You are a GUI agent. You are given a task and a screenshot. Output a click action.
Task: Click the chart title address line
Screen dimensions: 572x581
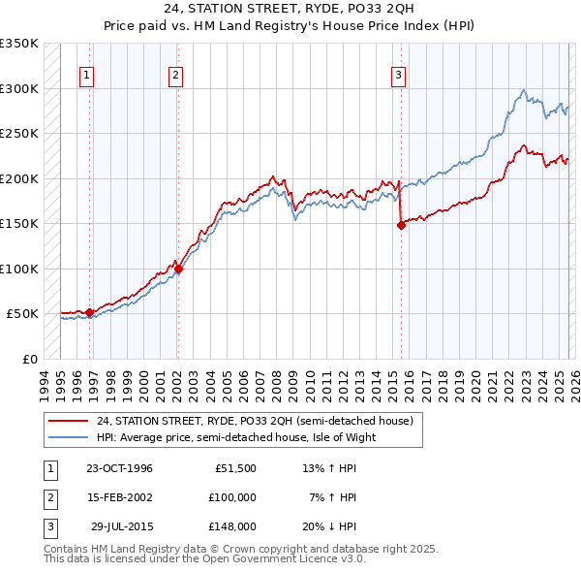click(290, 11)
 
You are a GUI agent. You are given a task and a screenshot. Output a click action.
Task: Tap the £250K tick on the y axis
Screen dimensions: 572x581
click(19, 133)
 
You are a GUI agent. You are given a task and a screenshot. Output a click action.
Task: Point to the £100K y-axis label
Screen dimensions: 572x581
click(19, 269)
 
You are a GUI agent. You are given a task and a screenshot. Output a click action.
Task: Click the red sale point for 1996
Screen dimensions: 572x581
click(90, 312)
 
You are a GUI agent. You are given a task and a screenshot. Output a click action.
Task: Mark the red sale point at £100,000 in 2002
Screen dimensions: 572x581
click(178, 269)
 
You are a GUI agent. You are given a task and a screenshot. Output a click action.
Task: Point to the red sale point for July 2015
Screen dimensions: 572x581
click(401, 225)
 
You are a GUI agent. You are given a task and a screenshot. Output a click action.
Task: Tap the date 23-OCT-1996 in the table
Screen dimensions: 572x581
click(119, 468)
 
